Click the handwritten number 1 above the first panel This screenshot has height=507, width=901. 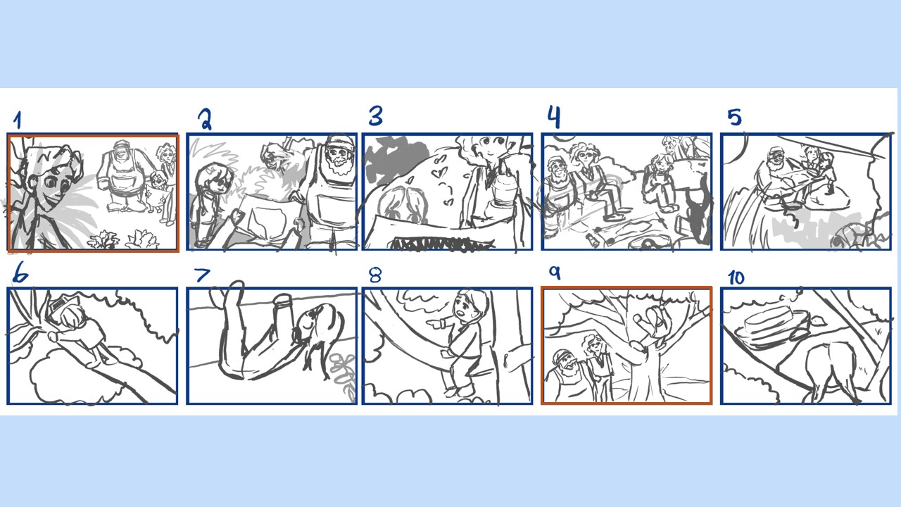click(18, 120)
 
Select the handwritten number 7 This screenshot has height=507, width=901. click(202, 275)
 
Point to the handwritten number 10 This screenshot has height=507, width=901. click(736, 277)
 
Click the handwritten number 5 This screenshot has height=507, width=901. click(734, 117)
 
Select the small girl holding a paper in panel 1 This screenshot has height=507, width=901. click(157, 192)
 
